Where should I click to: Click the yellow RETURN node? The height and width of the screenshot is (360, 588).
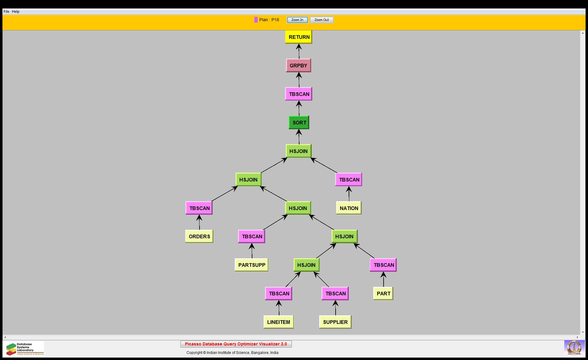pos(299,37)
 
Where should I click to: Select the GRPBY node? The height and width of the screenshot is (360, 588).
pos(298,66)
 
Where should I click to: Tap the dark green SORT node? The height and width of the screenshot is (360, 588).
pos(299,123)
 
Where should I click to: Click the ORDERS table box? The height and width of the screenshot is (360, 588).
pos(199,236)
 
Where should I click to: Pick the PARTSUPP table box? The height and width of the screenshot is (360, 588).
pos(251,265)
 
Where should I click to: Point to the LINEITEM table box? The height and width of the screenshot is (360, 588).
pos(279,322)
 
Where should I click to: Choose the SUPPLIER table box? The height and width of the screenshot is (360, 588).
pos(335,322)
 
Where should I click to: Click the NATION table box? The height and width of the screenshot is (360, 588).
pos(349,208)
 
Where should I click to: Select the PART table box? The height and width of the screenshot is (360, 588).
pos(383,294)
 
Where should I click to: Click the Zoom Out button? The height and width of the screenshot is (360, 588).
pos(321,20)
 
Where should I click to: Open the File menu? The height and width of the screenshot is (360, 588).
pos(6,12)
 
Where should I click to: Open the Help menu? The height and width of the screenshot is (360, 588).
pos(15,12)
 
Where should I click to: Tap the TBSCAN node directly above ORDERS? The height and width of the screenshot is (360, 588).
pos(199,208)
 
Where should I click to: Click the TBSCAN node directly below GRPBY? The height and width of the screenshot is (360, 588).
pos(299,94)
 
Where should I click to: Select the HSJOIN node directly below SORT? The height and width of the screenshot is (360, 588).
pos(298,151)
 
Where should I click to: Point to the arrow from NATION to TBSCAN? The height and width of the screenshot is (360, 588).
pos(349,194)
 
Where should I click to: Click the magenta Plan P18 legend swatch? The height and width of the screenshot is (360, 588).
pos(256,20)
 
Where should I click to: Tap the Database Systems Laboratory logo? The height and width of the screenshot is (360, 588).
pos(24,349)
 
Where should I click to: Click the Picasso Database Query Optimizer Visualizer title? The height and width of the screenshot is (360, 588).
pos(236,344)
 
